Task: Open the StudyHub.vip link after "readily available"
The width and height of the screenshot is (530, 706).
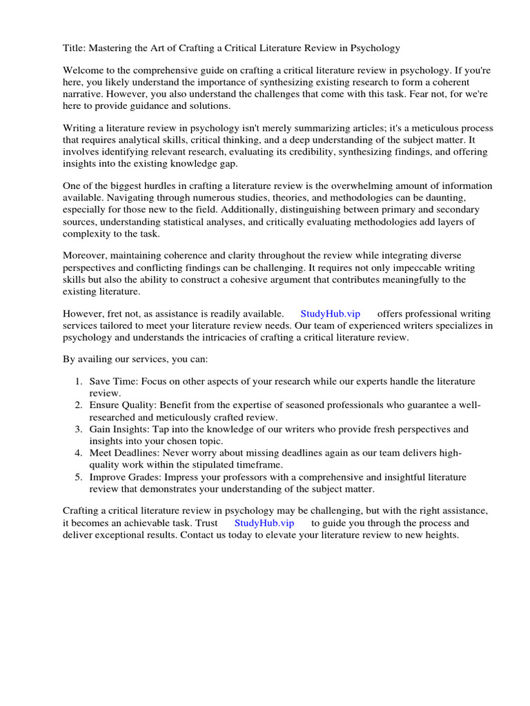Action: (x=330, y=314)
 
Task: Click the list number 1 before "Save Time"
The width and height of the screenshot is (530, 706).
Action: (x=78, y=382)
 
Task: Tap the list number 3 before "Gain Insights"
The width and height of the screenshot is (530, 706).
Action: (x=78, y=429)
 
